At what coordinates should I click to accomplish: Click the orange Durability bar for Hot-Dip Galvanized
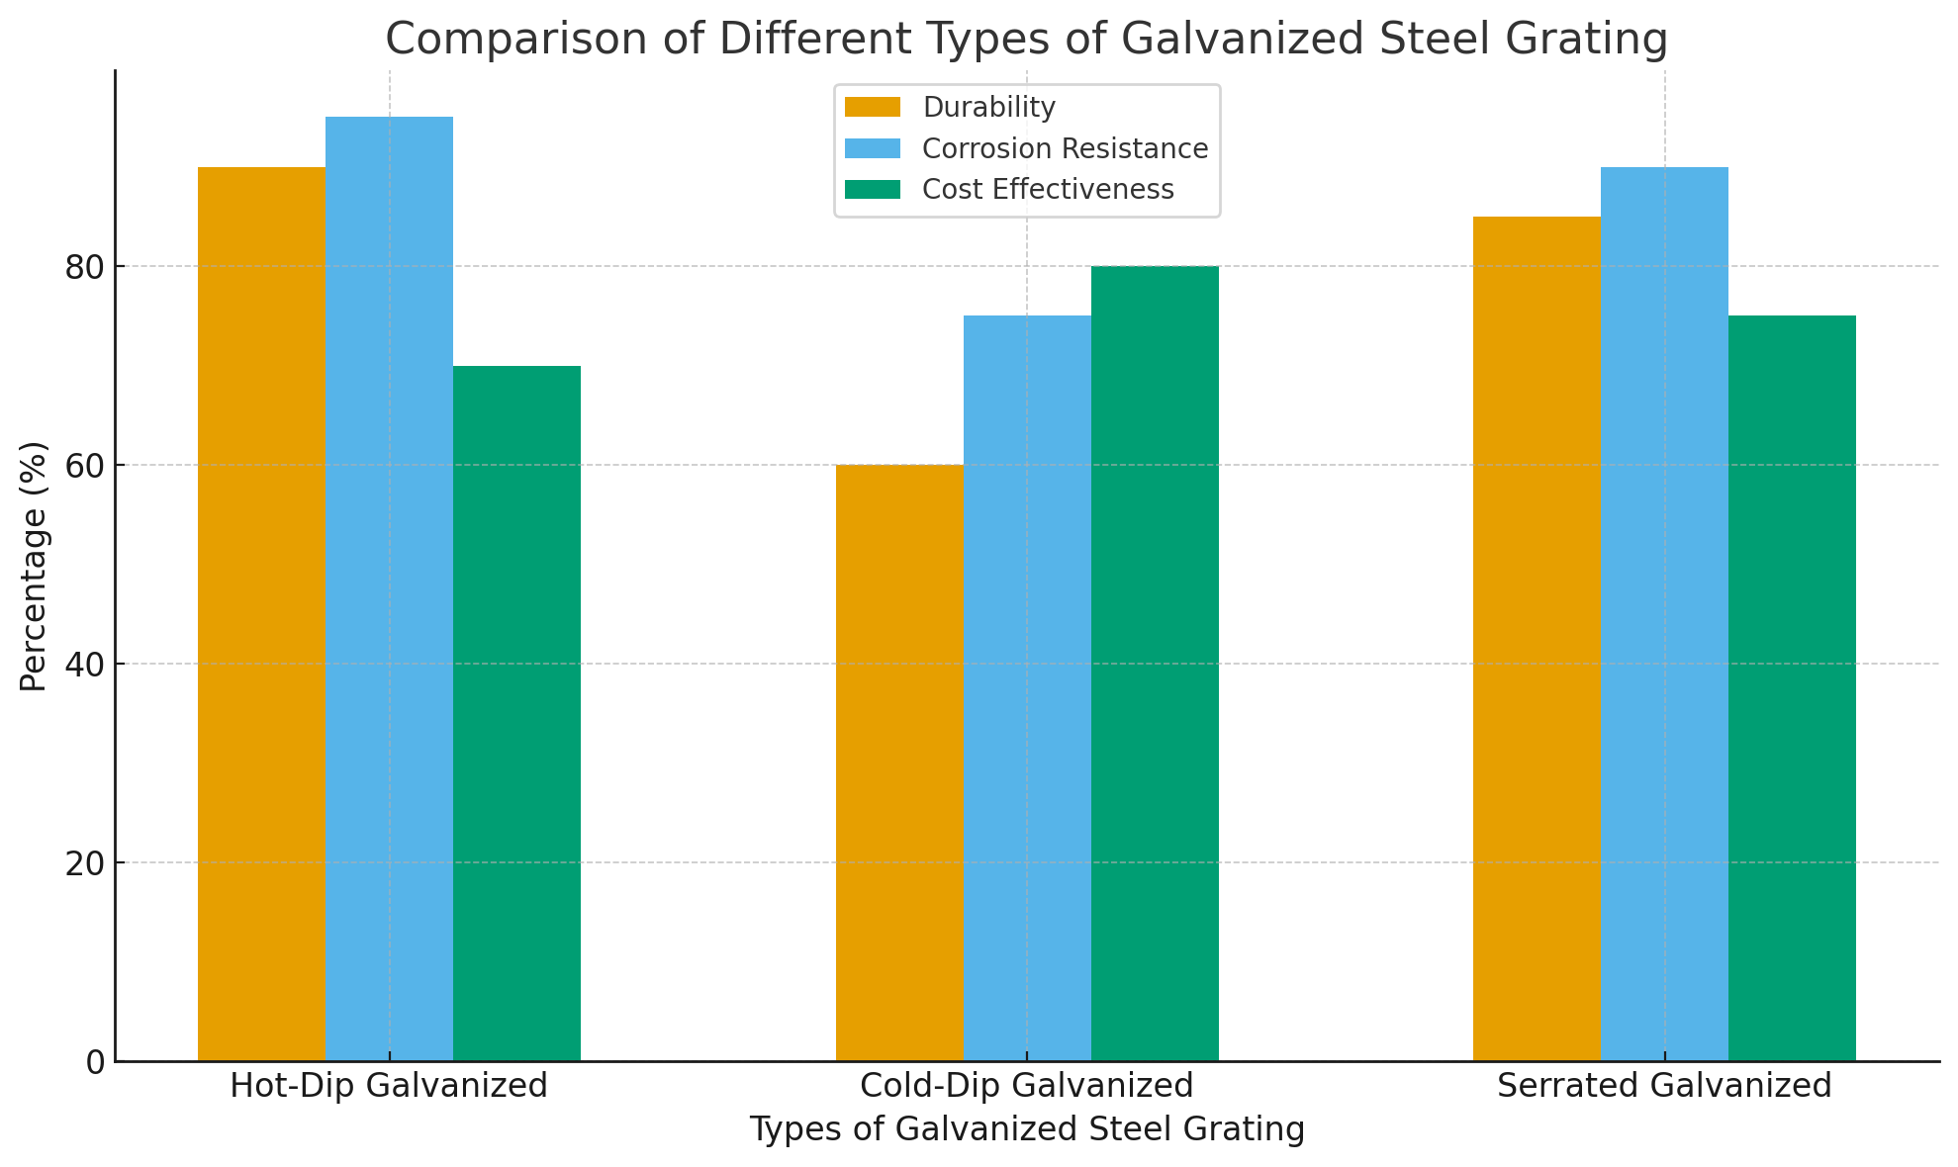coord(262,613)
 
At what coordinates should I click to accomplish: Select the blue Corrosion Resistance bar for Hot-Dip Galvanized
coord(389,588)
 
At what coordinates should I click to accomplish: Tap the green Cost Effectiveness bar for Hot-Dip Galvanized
coord(516,712)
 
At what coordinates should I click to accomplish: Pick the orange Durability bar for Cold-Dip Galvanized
coord(899,762)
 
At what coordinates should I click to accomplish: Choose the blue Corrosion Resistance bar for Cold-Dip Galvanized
coord(1027,687)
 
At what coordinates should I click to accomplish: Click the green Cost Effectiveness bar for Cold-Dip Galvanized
coord(1155,663)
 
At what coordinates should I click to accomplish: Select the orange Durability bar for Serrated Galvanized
coord(1537,638)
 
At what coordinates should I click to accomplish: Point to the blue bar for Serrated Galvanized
coord(1664,613)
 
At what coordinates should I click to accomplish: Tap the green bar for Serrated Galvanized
coord(1792,687)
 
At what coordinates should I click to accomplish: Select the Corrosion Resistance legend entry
coord(1064,148)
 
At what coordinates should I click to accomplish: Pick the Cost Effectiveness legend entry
coord(1047,189)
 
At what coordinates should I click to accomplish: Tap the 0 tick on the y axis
coord(96,1061)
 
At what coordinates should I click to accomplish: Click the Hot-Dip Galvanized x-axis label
coord(389,1086)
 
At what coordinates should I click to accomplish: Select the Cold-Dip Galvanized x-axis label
coord(1027,1086)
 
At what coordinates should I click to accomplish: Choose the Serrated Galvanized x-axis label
coord(1664,1086)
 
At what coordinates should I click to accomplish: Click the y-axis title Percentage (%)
coord(34,566)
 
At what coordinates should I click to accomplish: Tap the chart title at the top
coord(1026,40)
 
